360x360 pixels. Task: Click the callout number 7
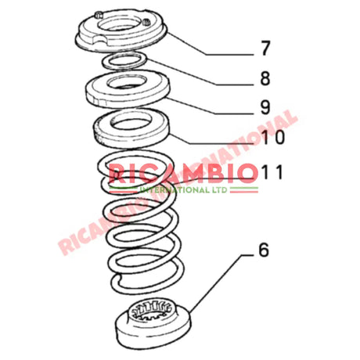(x=265, y=49)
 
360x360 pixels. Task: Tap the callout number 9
(x=265, y=107)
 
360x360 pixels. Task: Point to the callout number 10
(x=265, y=139)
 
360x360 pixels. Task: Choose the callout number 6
(x=264, y=251)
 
